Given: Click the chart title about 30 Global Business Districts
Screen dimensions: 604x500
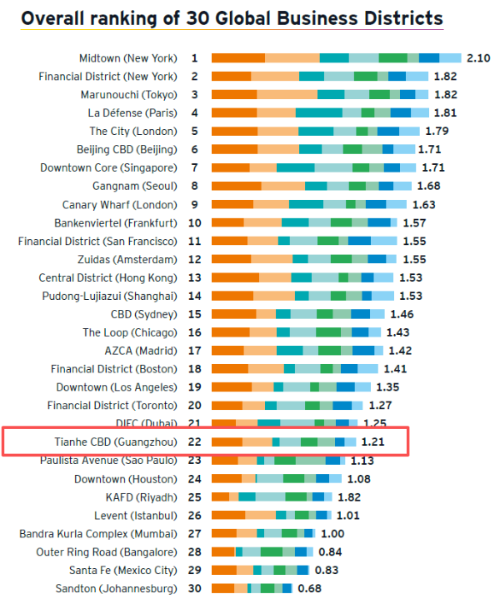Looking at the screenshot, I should (x=232, y=19).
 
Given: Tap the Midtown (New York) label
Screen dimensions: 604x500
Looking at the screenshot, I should (x=127, y=58).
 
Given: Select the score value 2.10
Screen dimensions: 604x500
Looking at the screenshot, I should (x=478, y=58).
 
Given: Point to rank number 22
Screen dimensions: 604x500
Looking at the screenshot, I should (x=194, y=442).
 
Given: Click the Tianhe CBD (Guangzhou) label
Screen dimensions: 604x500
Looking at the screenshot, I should (x=123, y=442).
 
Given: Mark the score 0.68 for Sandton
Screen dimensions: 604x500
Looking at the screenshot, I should (x=309, y=589).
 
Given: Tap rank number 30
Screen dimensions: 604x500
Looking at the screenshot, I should (x=194, y=589).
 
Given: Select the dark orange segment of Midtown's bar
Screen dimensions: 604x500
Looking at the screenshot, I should (x=238, y=58).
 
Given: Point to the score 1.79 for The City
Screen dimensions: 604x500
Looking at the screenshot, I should (x=437, y=132).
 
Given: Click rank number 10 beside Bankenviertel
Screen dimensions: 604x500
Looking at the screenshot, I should (x=194, y=223).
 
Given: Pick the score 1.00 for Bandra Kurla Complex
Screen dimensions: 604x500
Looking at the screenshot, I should (x=332, y=534).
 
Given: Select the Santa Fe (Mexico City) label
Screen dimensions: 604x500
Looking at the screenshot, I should (x=123, y=571).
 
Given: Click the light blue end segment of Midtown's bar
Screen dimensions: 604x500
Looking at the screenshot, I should (x=450, y=58).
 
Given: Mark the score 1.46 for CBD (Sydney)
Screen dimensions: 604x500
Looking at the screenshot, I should (x=402, y=315).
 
